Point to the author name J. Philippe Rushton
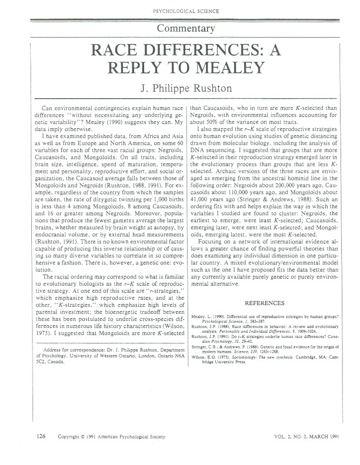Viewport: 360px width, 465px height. [x=180, y=89]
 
